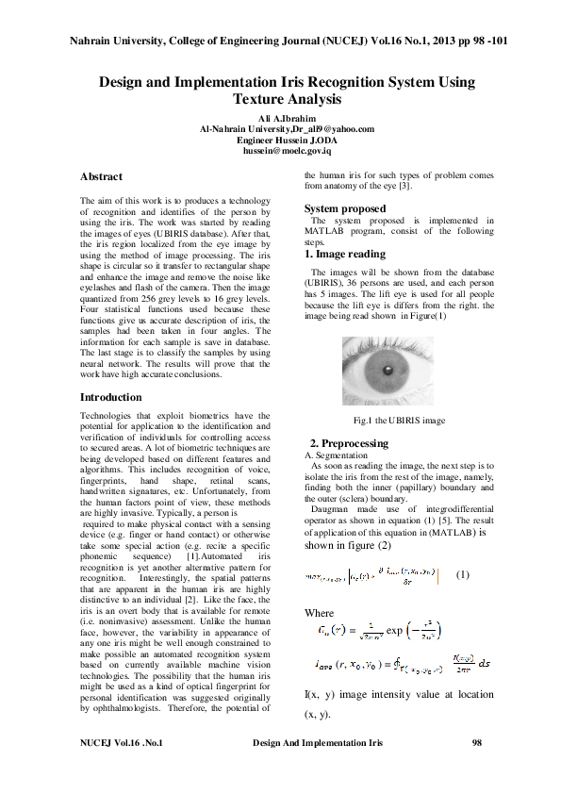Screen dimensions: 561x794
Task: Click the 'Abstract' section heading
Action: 101,176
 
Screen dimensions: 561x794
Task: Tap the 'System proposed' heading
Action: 344,208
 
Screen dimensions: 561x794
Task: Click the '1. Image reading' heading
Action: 344,254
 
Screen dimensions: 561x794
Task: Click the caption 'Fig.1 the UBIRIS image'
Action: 399,420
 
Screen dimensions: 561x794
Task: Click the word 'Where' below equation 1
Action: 320,612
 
